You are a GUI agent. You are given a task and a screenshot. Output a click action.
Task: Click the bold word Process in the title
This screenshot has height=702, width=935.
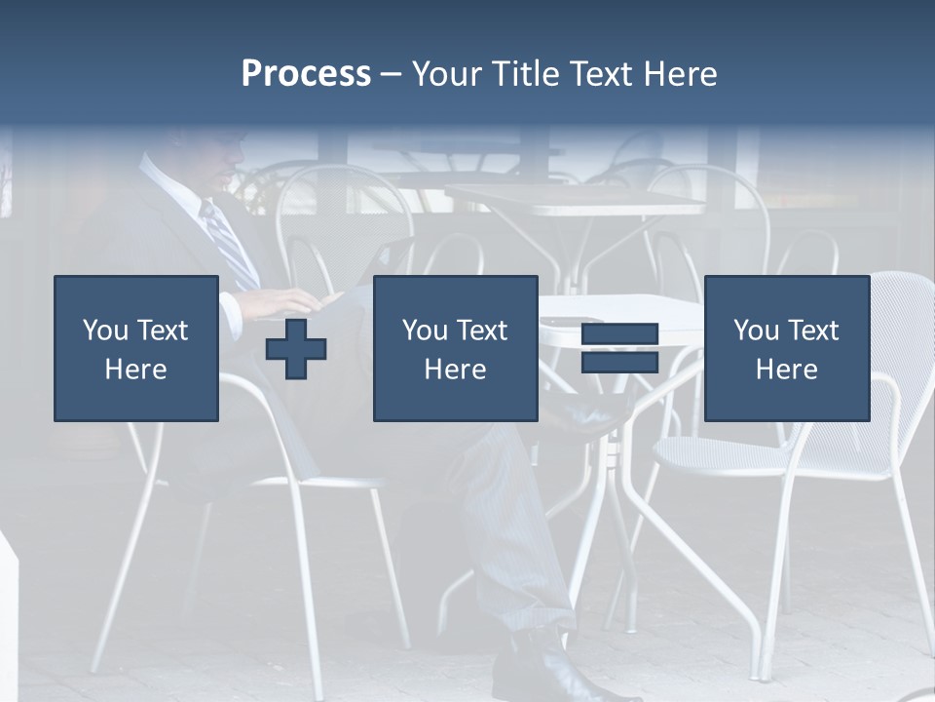[x=306, y=74]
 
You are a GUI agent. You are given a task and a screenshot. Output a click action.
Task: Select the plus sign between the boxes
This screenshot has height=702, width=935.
[x=296, y=348]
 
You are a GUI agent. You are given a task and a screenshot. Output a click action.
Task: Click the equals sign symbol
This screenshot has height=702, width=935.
[x=619, y=348]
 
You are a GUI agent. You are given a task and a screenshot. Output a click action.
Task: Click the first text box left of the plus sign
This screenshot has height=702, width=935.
[x=136, y=348]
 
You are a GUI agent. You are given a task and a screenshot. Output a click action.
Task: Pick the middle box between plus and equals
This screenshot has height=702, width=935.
[x=455, y=348]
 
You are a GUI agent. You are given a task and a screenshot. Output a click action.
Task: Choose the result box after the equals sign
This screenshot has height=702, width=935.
[x=786, y=348]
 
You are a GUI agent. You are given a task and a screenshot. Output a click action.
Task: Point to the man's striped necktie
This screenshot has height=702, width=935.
[x=229, y=244]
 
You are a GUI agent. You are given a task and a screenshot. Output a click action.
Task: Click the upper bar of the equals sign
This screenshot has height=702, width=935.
[x=619, y=335]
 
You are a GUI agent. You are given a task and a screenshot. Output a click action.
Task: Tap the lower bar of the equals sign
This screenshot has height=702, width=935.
[x=619, y=362]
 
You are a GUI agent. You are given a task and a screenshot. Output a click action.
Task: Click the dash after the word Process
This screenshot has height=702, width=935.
[x=392, y=74]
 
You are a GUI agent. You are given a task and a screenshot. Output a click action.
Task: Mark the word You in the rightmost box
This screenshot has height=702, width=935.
[x=756, y=331]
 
